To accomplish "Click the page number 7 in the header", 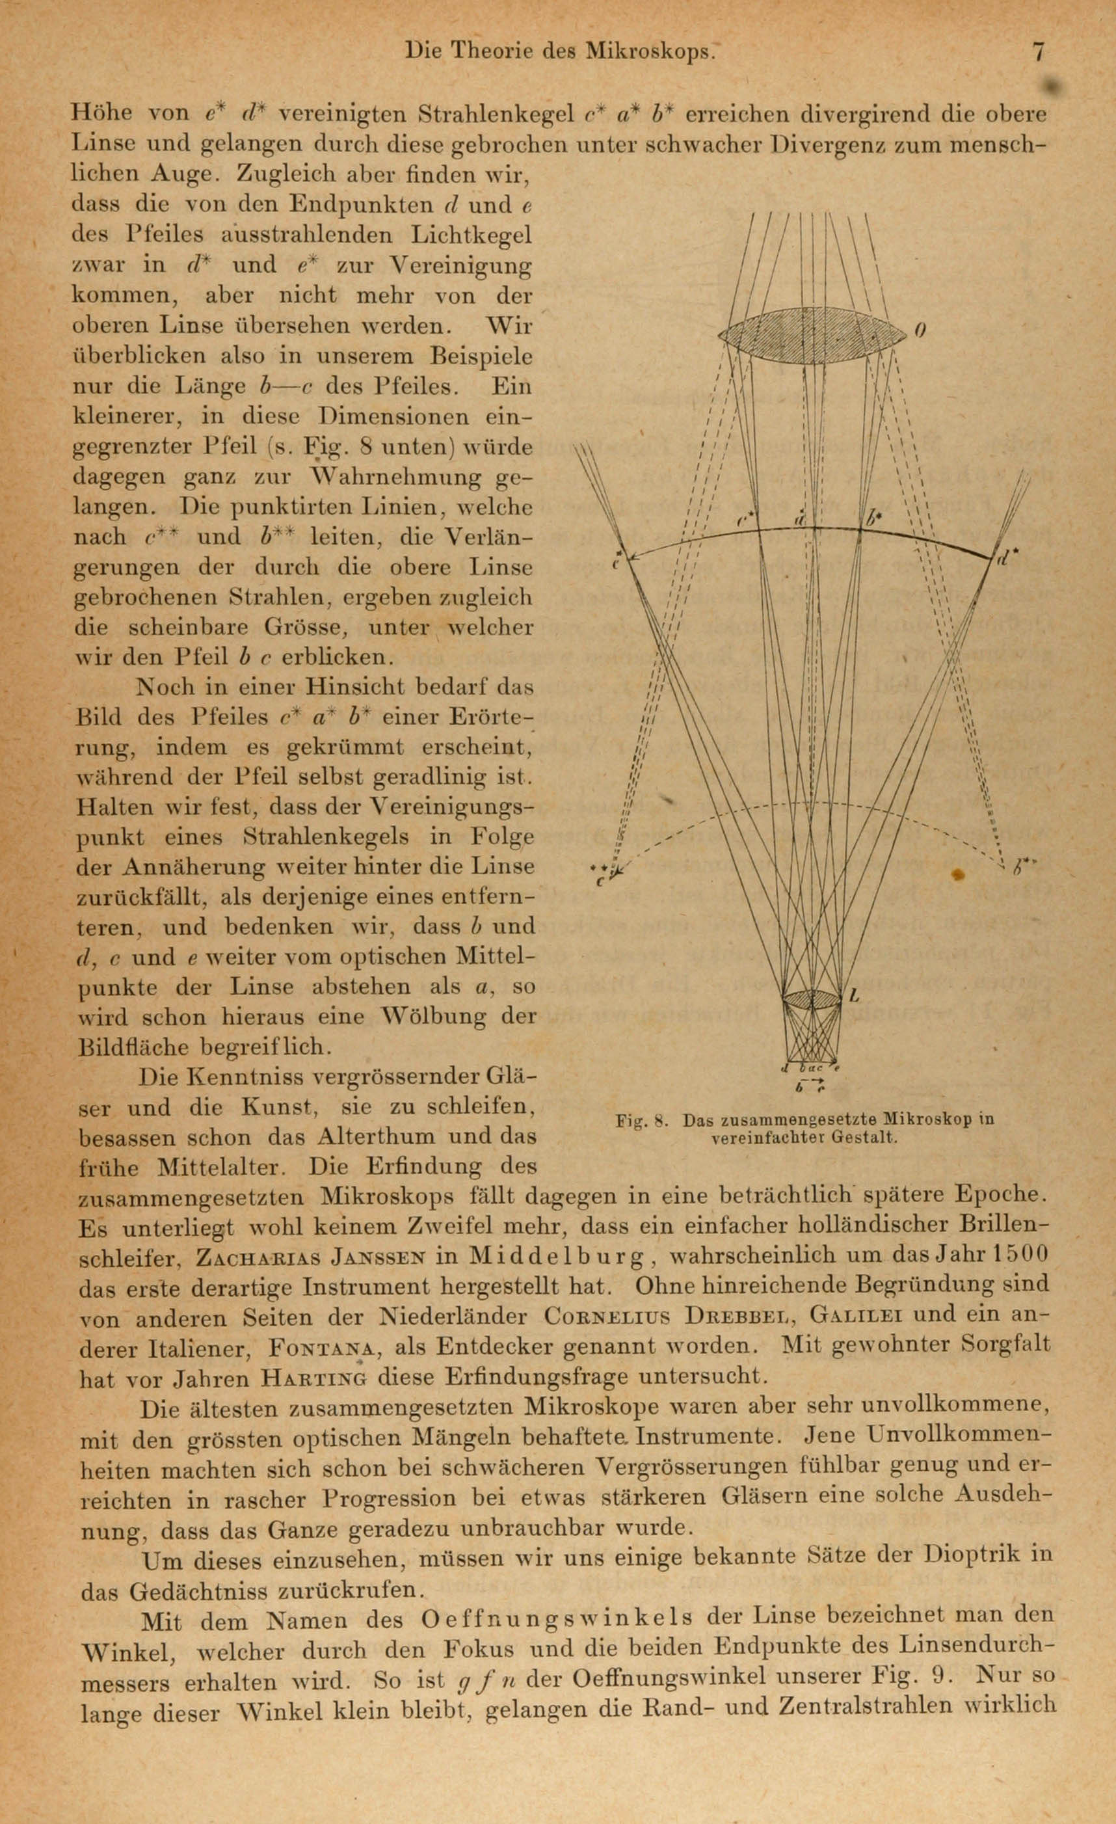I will [1039, 53].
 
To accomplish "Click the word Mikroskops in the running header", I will [650, 51].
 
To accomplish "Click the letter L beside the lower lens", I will [855, 996].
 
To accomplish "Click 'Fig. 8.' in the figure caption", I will [643, 1121].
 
